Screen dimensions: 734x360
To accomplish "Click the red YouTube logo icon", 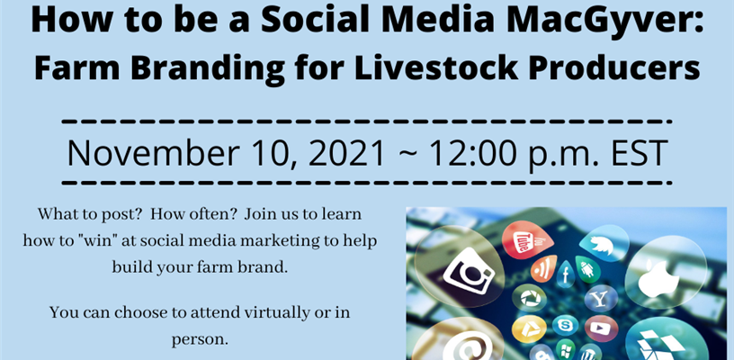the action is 526,240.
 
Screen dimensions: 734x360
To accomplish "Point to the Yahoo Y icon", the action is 600,298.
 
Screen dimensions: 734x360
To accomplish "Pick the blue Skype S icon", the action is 565,324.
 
